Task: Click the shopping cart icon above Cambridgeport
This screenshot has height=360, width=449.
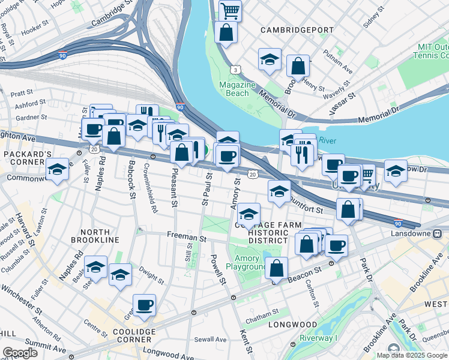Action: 230,10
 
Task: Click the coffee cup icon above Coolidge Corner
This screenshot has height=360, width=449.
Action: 144,305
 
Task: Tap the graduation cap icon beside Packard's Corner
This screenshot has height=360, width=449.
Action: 57,169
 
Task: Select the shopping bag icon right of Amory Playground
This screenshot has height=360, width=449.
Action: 277,269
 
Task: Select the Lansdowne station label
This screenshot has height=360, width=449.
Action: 415,233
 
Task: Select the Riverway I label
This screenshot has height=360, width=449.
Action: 319,338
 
